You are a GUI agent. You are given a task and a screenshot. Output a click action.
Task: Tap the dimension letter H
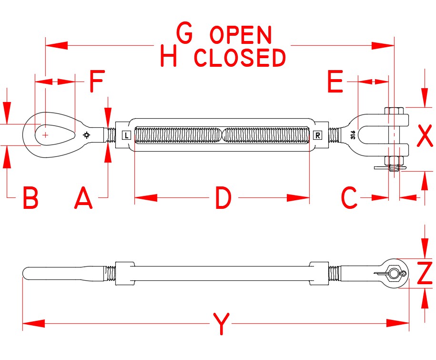pyautogui.click(x=169, y=56)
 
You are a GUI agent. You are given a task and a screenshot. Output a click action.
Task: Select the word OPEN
pyautogui.click(x=241, y=35)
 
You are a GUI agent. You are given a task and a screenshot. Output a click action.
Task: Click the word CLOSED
pyautogui.click(x=240, y=58)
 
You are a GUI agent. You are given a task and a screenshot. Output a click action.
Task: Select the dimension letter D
pyautogui.click(x=223, y=198)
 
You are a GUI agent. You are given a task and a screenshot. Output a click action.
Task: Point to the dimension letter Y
pyautogui.click(x=221, y=324)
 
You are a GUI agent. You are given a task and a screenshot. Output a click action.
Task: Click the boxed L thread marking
pyautogui.click(x=126, y=135)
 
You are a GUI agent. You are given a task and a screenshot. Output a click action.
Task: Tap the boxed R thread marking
pyautogui.click(x=318, y=135)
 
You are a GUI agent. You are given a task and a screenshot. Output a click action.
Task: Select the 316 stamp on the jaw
pyautogui.click(x=353, y=135)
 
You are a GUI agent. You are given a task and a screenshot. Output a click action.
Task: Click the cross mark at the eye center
pyautogui.click(x=45, y=135)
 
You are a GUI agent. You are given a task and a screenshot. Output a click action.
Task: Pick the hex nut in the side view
pyautogui.click(x=394, y=273)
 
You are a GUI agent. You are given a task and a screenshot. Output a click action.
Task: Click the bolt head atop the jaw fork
pyautogui.click(x=394, y=111)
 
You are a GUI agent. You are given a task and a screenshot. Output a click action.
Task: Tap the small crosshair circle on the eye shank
pyautogui.click(x=86, y=135)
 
